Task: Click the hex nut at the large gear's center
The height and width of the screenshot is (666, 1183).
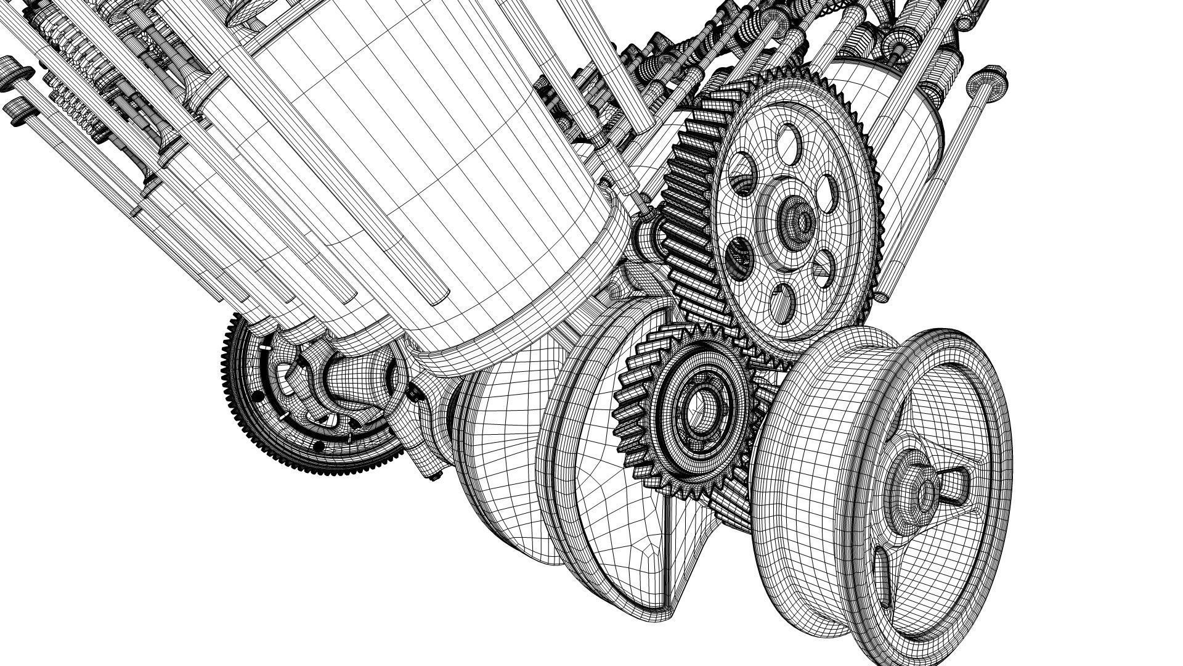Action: pos(802,219)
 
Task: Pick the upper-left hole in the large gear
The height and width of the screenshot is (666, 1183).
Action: pos(744,183)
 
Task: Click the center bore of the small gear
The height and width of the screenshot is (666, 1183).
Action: pos(699,410)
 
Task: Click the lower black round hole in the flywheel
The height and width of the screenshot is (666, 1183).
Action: pos(319,445)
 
